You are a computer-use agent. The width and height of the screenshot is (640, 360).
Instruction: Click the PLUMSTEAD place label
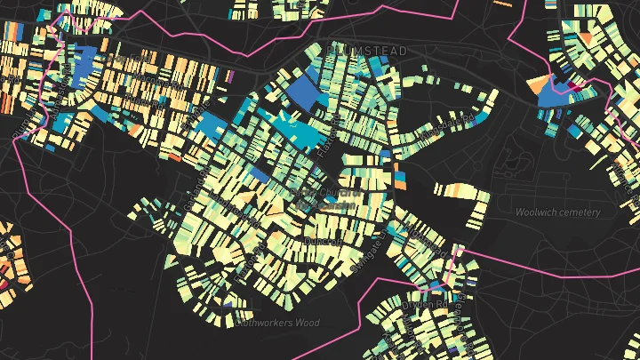pos(367,51)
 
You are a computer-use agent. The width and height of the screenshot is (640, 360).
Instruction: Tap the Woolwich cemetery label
pos(558,212)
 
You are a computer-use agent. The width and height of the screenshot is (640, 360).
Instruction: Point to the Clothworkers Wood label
pos(276,324)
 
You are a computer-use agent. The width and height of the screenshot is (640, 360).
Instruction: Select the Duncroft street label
pos(322,241)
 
